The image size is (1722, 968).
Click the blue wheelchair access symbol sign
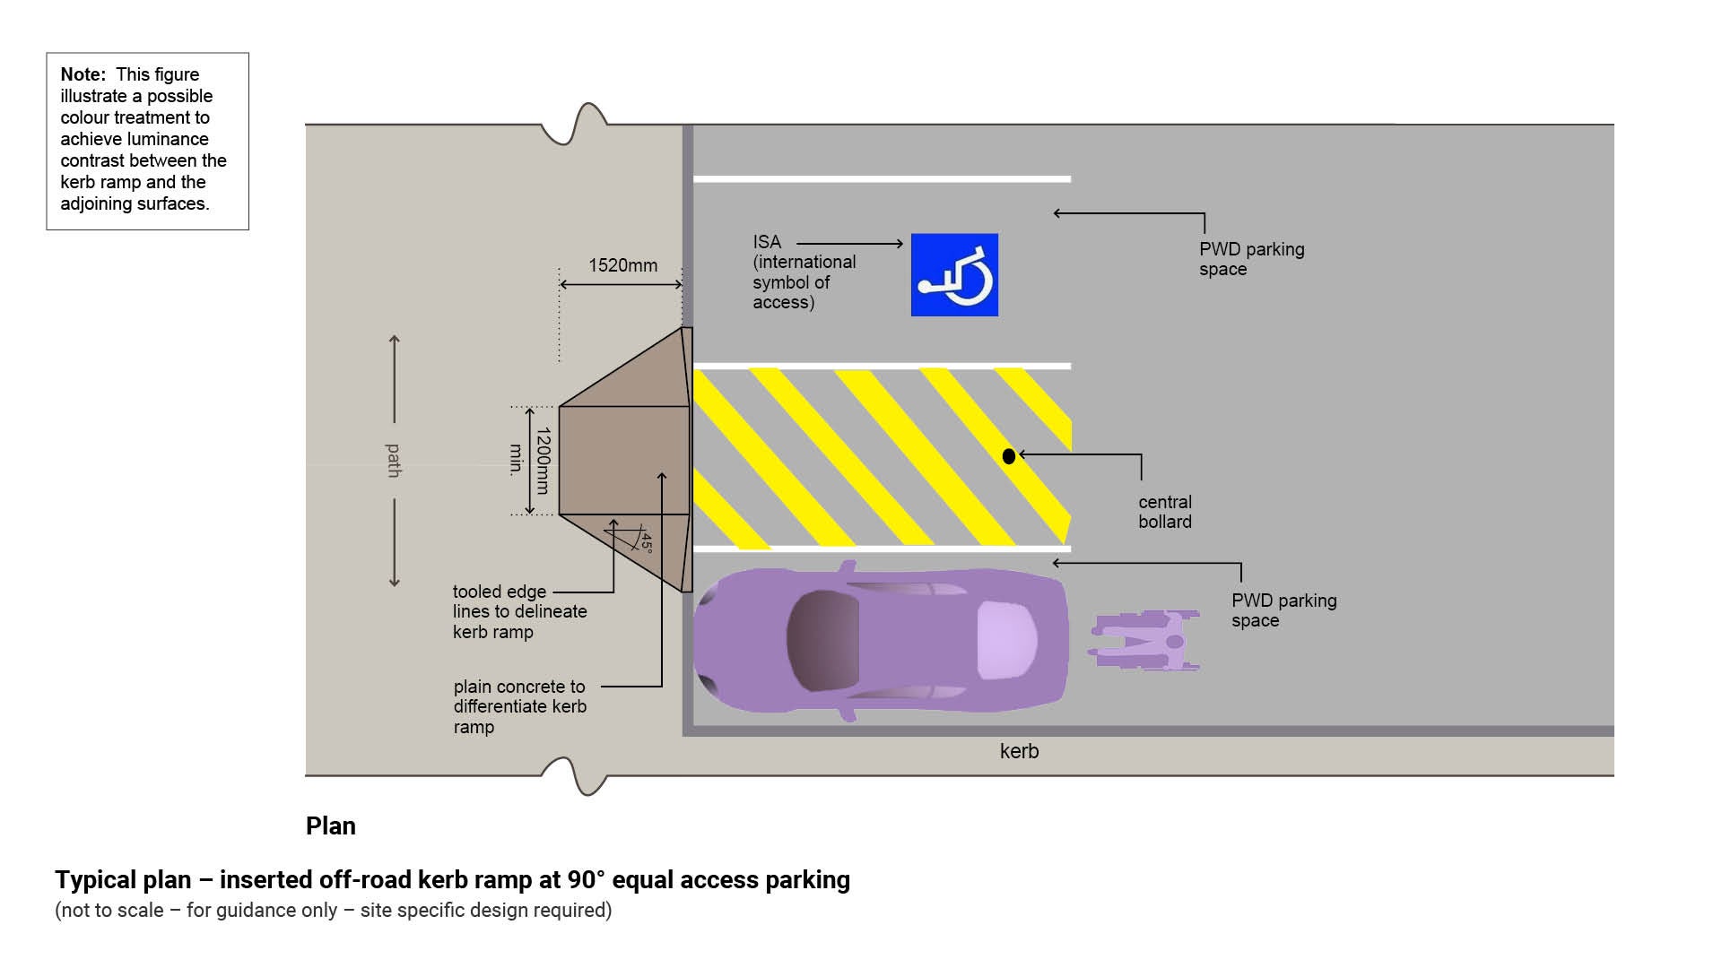[x=954, y=274]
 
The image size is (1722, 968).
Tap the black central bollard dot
[x=1008, y=456]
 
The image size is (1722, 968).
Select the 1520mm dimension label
[x=622, y=265]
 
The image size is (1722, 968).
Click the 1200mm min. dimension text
[x=530, y=460]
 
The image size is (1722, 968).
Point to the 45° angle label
[x=646, y=542]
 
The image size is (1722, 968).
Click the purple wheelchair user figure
[x=1144, y=640]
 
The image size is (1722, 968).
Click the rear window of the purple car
[x=1005, y=640]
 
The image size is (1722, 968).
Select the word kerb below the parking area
[x=1019, y=751]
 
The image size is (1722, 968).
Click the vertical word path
[x=394, y=460]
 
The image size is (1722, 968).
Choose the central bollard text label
[x=1165, y=512]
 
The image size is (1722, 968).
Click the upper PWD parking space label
[x=1251, y=259]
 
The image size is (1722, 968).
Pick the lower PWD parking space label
[x=1283, y=610]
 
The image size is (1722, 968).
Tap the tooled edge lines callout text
[x=518, y=611]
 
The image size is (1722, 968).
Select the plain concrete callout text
[x=519, y=706]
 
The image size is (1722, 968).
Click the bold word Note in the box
[x=83, y=74]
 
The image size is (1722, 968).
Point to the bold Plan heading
[x=330, y=825]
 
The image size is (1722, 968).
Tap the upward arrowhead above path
[x=394, y=340]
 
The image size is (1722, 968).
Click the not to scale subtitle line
[x=333, y=910]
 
